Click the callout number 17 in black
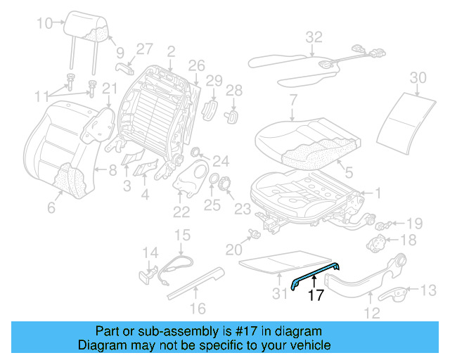[x=316, y=296]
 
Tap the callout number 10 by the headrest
[x=44, y=23]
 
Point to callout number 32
[x=314, y=37]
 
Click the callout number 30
[x=418, y=77]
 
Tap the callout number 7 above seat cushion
[x=292, y=100]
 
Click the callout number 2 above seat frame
[x=170, y=51]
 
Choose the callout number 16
[x=198, y=307]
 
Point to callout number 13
[x=427, y=290]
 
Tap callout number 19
[x=414, y=224]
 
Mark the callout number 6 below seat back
[x=50, y=208]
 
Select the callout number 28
[x=233, y=90]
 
